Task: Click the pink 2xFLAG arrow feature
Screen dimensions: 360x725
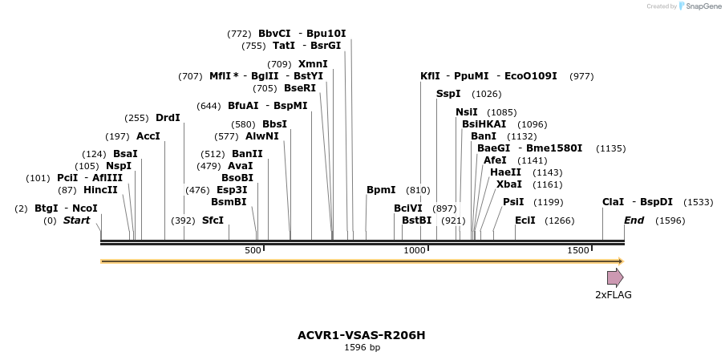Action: click(614, 277)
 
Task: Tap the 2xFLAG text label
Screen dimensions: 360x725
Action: click(613, 295)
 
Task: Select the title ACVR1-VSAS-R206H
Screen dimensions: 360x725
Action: click(362, 334)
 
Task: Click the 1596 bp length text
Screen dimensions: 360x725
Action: click(362, 347)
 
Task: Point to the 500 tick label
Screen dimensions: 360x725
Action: click(253, 251)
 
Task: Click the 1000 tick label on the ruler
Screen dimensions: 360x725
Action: click(415, 251)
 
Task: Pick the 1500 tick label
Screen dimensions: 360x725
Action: click(578, 251)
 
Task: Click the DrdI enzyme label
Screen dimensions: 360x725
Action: click(168, 118)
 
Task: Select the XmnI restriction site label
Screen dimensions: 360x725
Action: click(313, 64)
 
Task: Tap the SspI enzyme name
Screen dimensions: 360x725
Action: click(448, 94)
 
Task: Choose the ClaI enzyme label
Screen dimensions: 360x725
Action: click(613, 202)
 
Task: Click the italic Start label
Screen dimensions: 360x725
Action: click(77, 220)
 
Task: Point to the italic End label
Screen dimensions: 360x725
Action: click(634, 220)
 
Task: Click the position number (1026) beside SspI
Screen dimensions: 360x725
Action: click(486, 95)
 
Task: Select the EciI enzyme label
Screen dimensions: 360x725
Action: click(525, 220)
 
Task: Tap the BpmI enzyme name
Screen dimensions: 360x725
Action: click(381, 190)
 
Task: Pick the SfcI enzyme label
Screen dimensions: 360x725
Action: click(213, 220)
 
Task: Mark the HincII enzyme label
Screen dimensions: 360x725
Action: click(100, 190)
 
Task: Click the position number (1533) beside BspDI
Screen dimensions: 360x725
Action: click(698, 203)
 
